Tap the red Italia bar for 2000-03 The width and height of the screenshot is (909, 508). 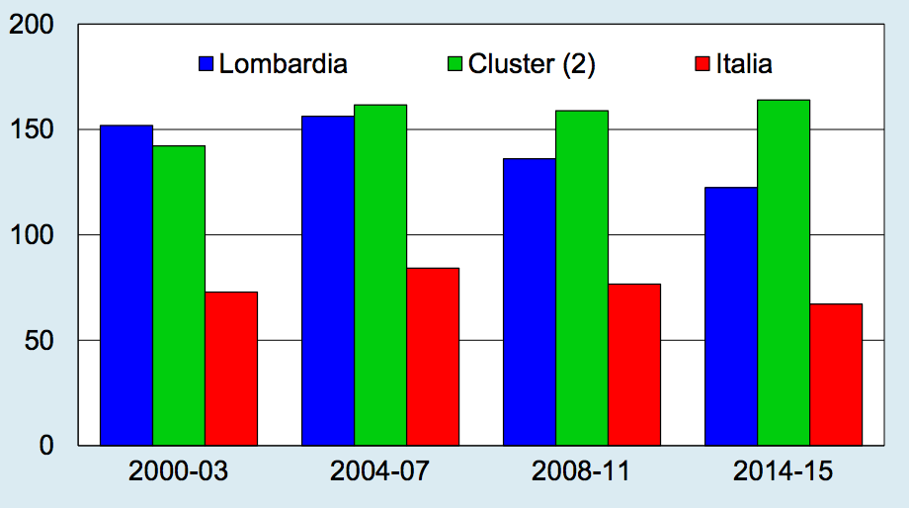pyautogui.click(x=231, y=368)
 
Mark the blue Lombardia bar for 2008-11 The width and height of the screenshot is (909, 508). pyautogui.click(x=530, y=301)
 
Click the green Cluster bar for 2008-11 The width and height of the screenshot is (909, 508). pyautogui.click(x=582, y=278)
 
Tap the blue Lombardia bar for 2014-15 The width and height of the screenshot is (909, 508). pyautogui.click(x=731, y=315)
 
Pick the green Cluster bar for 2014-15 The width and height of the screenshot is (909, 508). pyautogui.click(x=784, y=272)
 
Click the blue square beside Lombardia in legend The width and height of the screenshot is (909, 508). pyautogui.click(x=207, y=65)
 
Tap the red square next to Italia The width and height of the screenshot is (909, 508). pyautogui.click(x=702, y=65)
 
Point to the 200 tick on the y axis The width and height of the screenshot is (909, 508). pyautogui.click(x=33, y=25)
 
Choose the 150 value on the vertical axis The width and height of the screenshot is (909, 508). pyautogui.click(x=33, y=129)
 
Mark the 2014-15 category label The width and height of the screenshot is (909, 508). pyautogui.click(x=783, y=471)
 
